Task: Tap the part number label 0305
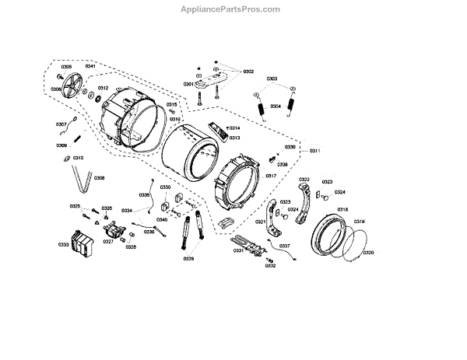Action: coord(66,67)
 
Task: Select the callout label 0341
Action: coord(90,67)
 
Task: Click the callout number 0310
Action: coord(79,158)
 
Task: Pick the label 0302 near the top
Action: coord(248,72)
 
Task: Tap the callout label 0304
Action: coord(276,107)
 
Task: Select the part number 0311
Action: coord(316,150)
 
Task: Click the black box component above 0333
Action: coord(81,241)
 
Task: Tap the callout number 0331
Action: coord(239,250)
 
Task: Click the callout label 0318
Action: coord(342,210)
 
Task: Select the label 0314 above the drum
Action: coord(233,128)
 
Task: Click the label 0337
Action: coord(285,246)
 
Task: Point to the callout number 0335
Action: coord(145,194)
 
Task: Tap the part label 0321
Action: coord(260,223)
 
